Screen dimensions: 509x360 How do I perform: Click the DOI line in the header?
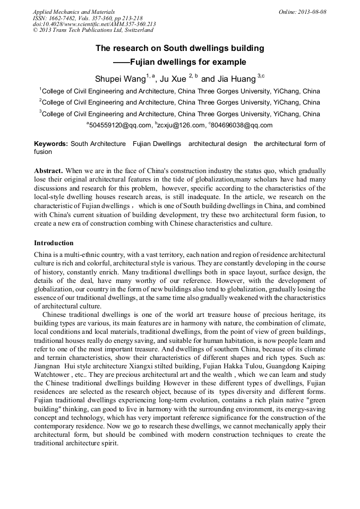click(94, 24)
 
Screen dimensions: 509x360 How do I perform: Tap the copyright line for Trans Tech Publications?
click(93, 30)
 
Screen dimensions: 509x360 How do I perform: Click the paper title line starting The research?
click(179, 48)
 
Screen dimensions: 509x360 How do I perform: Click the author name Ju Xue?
click(173, 79)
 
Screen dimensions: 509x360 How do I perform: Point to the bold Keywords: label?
click(51, 144)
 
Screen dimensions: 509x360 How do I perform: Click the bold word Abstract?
click(48, 170)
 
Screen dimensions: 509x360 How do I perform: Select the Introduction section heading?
click(54, 243)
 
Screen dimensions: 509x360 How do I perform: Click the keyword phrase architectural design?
click(217, 144)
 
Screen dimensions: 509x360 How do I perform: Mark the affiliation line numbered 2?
click(179, 102)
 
